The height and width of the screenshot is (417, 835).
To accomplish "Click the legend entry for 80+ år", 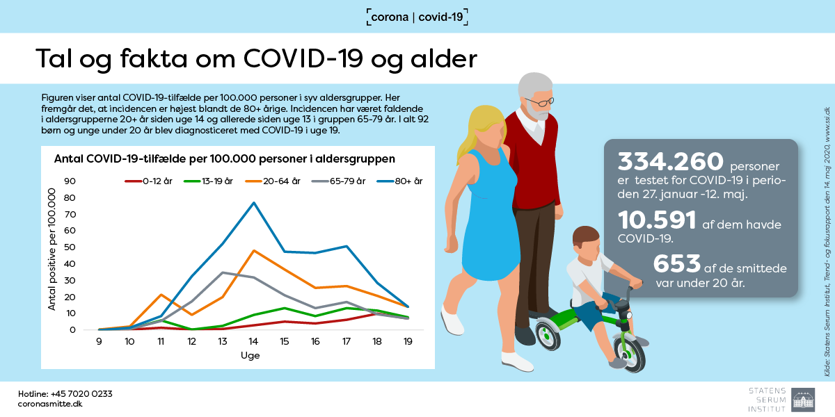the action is click(399, 181).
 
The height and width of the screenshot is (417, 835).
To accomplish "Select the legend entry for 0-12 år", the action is click(148, 181).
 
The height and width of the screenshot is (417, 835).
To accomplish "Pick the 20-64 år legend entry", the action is click(273, 181).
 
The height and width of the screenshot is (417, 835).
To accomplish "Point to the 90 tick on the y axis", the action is click(70, 181).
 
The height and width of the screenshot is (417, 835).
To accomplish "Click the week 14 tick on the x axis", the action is click(253, 341).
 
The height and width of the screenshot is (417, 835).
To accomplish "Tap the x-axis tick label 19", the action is click(408, 341).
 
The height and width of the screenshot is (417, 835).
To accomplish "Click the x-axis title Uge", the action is click(250, 355).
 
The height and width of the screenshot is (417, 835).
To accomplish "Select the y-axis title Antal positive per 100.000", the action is click(51, 249).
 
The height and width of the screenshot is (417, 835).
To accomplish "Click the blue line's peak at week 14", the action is click(254, 203).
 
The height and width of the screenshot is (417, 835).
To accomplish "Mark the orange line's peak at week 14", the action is click(254, 251).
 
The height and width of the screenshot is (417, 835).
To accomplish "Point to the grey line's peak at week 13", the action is click(223, 272).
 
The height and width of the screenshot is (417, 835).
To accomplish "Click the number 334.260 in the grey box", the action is click(670, 161).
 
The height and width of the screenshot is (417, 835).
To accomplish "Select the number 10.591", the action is click(657, 220).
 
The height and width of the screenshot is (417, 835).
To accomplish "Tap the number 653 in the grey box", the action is click(676, 263).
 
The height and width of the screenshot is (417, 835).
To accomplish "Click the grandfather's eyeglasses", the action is click(539, 101).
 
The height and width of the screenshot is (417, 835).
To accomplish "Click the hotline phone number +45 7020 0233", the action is click(81, 394).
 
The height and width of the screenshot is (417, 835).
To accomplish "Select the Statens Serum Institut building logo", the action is click(803, 400).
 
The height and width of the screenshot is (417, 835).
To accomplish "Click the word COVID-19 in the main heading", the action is click(303, 58).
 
